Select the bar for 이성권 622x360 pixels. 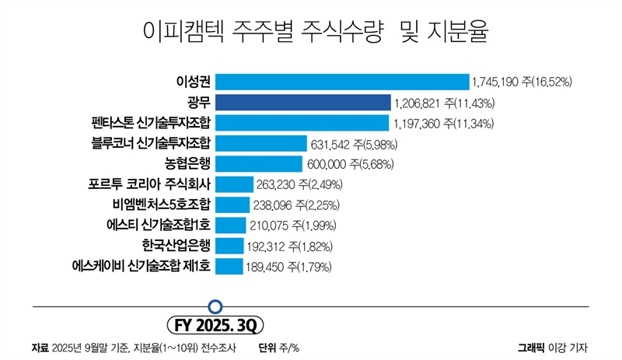pyautogui.click(x=342, y=82)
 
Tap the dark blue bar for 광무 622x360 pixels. pyautogui.click(x=302, y=103)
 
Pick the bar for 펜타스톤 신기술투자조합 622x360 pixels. pyautogui.click(x=302, y=123)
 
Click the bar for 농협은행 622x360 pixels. pyautogui.click(x=258, y=164)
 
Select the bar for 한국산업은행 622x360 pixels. pyautogui.click(x=229, y=246)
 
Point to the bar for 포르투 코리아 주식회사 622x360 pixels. pyautogui.click(x=234, y=184)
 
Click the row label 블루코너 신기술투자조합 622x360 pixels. pyautogui.click(x=151, y=143)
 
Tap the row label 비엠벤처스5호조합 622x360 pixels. pyautogui.click(x=161, y=205)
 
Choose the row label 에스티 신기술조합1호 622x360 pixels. pyautogui.click(x=159, y=225)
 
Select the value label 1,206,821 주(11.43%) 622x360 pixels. pyautogui.click(x=451, y=103)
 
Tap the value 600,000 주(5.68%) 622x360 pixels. pyautogui.click(x=351, y=164)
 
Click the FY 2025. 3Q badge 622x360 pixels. pyautogui.click(x=217, y=323)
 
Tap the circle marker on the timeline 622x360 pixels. pyautogui.click(x=217, y=306)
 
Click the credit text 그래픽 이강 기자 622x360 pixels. pyautogui.click(x=553, y=347)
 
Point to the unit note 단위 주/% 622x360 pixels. pyautogui.click(x=279, y=347)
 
